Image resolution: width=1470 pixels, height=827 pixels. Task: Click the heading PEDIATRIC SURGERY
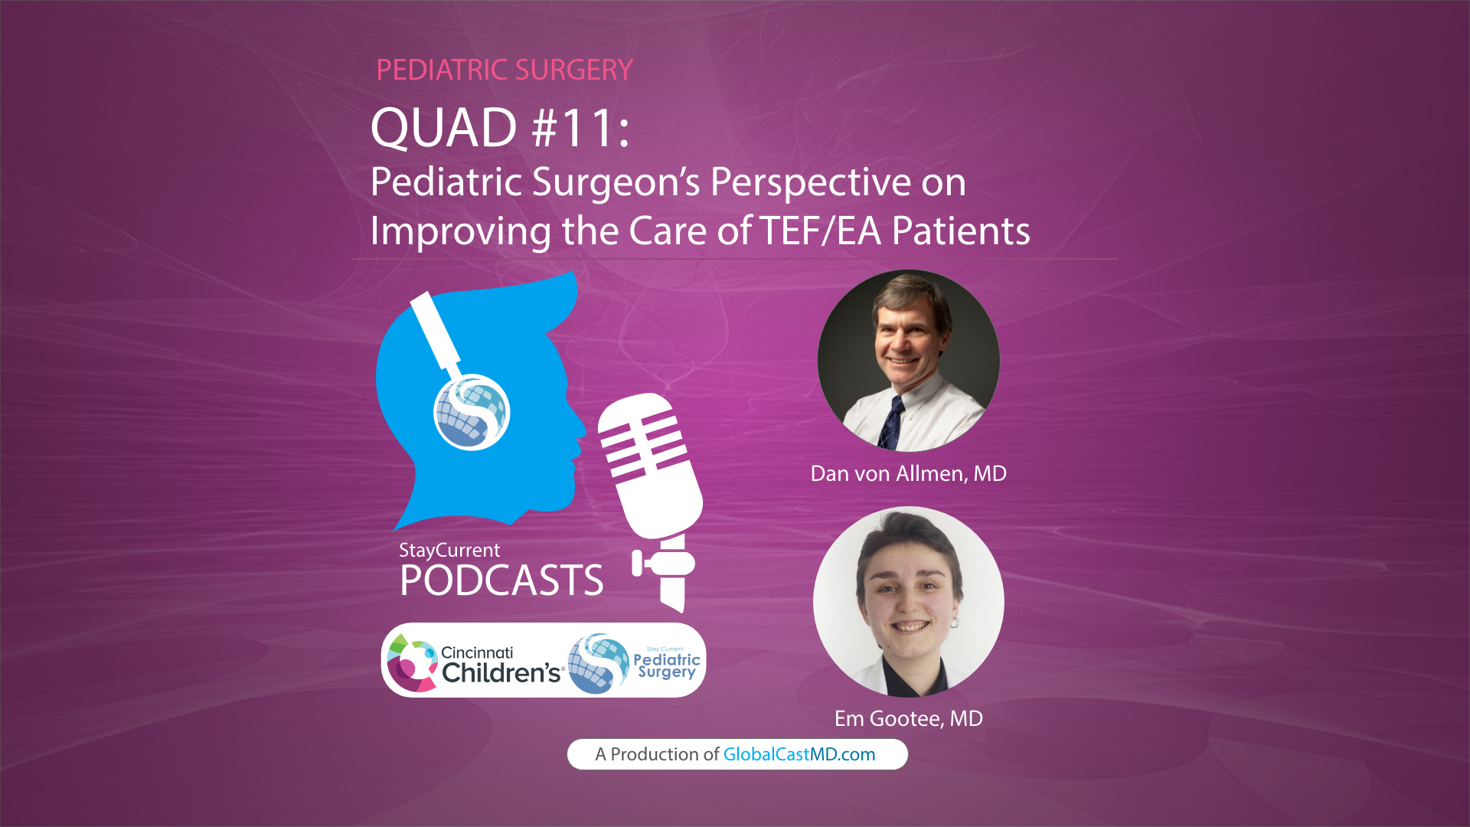coord(505,70)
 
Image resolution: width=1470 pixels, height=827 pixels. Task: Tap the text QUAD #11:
coord(500,128)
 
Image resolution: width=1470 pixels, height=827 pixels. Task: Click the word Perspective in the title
coord(838,182)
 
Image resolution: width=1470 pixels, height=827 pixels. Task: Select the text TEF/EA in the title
coord(820,230)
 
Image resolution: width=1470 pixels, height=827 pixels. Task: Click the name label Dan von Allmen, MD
coord(908,473)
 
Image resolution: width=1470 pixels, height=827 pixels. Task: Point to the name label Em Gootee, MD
coord(908,718)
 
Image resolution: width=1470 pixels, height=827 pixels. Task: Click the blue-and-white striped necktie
coord(890,423)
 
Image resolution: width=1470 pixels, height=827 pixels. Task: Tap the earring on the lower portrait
coord(955,623)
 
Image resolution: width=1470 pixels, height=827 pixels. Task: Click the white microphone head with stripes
coord(649,463)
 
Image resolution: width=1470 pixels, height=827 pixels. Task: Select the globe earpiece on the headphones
coord(472,412)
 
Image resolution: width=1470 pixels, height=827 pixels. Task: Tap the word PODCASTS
coord(501,580)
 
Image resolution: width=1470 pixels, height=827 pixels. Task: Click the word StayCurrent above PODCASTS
coord(449,550)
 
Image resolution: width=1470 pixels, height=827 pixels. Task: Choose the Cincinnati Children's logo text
coord(501,664)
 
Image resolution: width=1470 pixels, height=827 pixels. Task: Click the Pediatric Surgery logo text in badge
coord(667,665)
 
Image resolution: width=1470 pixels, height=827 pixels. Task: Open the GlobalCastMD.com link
coord(799,754)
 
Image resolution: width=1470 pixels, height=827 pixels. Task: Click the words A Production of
coord(657,754)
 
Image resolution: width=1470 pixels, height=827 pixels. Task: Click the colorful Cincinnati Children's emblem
coord(411,662)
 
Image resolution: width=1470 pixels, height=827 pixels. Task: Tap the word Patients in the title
coord(961,230)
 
